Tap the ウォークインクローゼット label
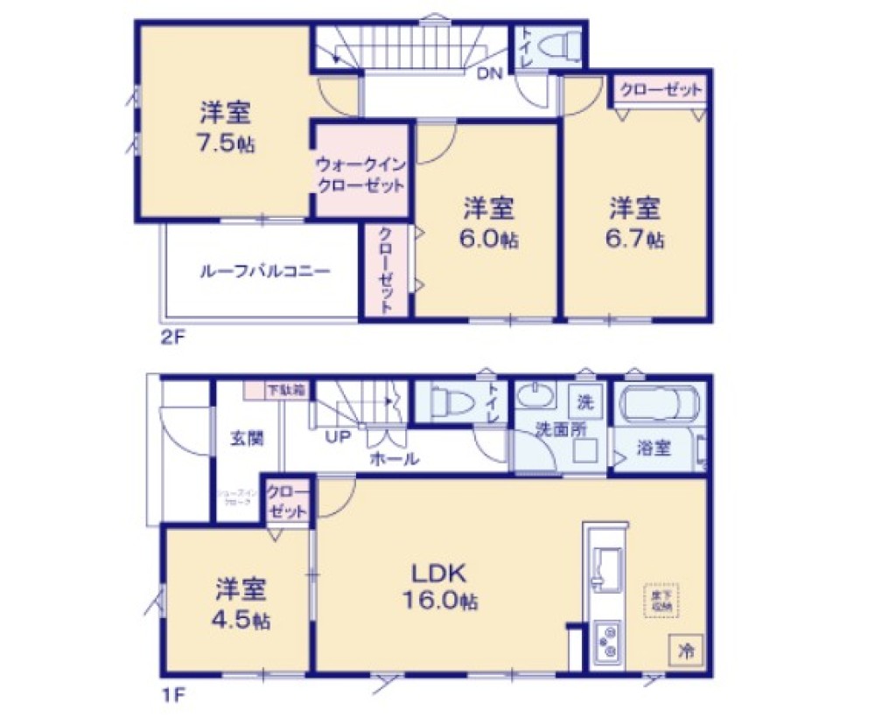[360, 174]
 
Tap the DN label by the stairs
[488, 74]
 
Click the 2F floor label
[171, 336]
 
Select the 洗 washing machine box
[584, 403]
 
